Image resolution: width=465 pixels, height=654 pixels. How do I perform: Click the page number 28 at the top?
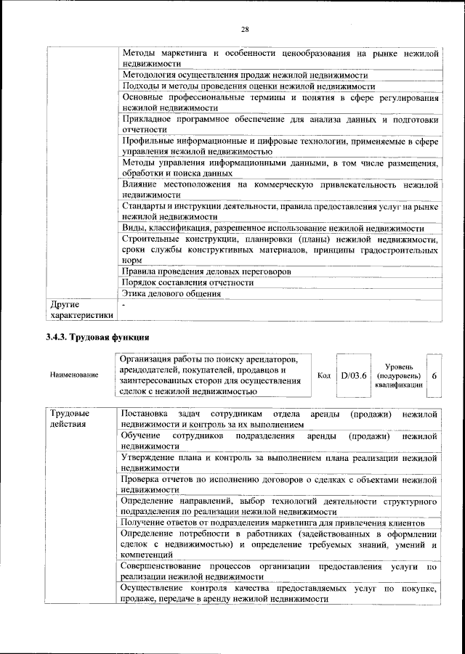[245, 29]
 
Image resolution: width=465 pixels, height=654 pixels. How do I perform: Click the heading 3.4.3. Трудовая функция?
[97, 338]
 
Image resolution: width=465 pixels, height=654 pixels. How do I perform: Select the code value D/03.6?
[354, 375]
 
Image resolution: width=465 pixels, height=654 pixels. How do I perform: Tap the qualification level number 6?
[434, 375]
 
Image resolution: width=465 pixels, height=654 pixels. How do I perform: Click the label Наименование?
[74, 375]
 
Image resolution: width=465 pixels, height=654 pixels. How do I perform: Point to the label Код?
[325, 375]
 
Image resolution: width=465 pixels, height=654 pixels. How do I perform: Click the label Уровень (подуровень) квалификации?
[399, 375]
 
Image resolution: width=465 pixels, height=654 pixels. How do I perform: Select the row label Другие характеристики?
[80, 310]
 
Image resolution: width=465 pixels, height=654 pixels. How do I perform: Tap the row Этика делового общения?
[172, 294]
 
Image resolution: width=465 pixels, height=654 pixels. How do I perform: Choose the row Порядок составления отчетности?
[188, 282]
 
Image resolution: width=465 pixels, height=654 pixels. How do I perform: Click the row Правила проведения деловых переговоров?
[206, 271]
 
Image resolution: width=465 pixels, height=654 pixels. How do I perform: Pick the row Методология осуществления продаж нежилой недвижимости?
[245, 75]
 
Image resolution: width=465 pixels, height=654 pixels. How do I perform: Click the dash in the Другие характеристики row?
[124, 305]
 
